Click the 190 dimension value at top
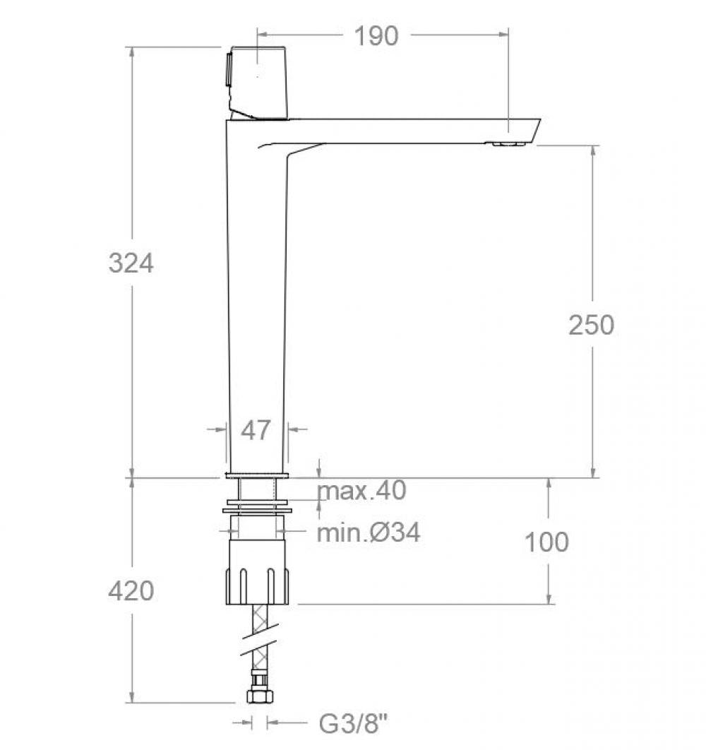tap(376, 35)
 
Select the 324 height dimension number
tap(131, 263)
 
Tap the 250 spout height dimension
tap(592, 324)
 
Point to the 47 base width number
tap(256, 429)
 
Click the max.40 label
tap(362, 490)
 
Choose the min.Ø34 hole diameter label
tap(368, 532)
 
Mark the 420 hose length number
tap(131, 590)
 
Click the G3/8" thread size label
tap(354, 723)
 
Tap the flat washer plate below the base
tap(257, 507)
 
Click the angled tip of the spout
tap(526, 131)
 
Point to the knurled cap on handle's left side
tap(228, 69)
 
